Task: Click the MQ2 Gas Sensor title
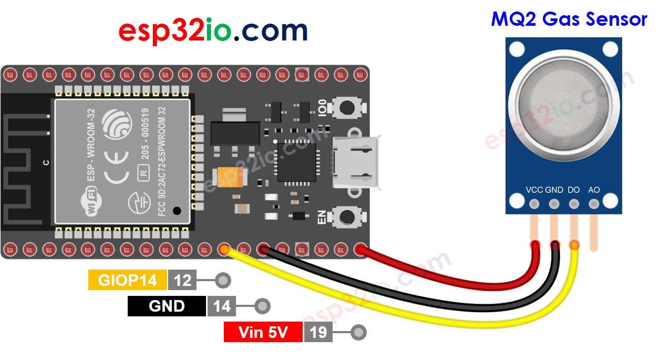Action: (569, 19)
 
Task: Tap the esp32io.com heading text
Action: (213, 31)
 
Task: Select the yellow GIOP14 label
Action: (127, 280)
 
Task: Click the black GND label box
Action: (167, 306)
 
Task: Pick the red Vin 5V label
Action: (263, 332)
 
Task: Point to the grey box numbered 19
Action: (318, 332)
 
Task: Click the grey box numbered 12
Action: (182, 280)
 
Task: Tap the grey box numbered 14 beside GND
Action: (222, 306)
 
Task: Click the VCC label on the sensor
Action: (534, 190)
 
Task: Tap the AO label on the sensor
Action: (594, 190)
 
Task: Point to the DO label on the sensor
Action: (574, 190)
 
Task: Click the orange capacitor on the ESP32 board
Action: (229, 177)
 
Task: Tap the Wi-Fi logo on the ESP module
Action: (91, 203)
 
